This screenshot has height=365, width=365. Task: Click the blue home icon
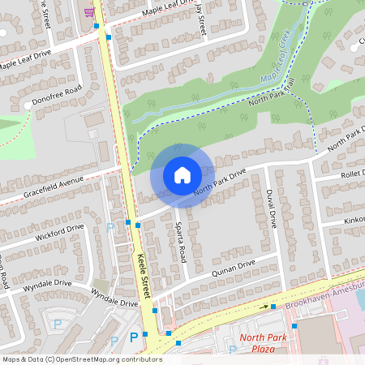tap(182, 174)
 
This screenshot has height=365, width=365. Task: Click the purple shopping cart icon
tap(88, 11)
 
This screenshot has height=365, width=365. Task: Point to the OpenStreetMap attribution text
tap(81, 359)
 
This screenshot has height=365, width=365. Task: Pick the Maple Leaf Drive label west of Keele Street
tap(24, 58)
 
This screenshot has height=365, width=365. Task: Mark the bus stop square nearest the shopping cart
tap(97, 26)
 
